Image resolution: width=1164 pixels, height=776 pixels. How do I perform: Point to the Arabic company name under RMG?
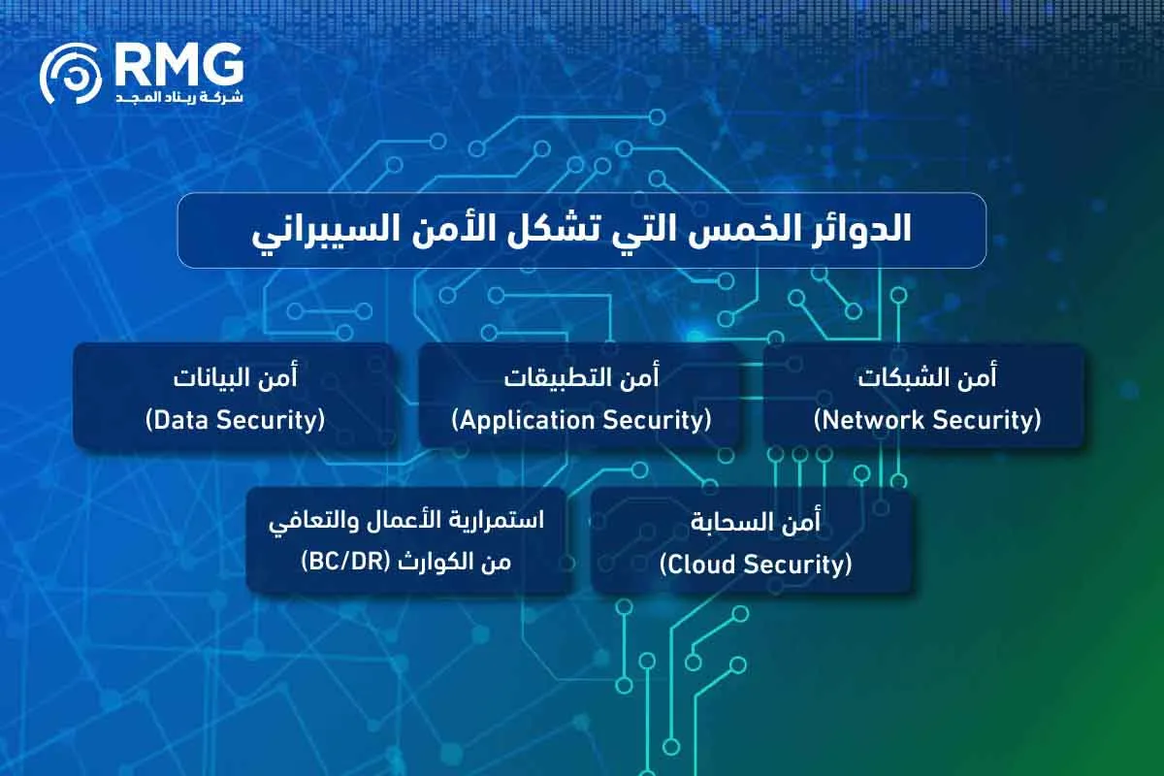(x=179, y=98)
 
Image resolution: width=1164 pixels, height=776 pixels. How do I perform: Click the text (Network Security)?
(x=926, y=420)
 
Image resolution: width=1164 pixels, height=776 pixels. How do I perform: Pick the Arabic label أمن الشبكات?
(x=926, y=377)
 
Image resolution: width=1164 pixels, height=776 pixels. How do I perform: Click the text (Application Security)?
(x=581, y=420)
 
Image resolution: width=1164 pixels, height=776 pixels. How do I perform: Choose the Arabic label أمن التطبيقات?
(x=581, y=377)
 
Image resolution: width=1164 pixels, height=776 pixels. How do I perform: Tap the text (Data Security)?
(x=234, y=420)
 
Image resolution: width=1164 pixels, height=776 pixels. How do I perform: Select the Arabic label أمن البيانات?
(x=234, y=377)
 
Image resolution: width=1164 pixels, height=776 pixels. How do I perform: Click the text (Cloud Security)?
(x=755, y=564)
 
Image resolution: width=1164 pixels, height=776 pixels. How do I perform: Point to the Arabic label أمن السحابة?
(x=755, y=522)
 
